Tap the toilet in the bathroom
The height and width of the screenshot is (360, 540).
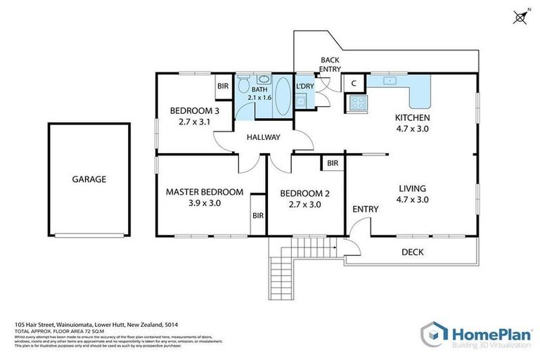243,85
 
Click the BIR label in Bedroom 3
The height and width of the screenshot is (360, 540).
223,86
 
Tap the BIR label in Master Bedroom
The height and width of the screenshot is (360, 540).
257,217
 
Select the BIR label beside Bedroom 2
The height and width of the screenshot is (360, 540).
333,163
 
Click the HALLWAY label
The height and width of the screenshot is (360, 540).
264,137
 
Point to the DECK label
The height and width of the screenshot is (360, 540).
411,252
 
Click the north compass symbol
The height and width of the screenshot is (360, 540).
521,17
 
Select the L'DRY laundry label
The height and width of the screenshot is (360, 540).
304,86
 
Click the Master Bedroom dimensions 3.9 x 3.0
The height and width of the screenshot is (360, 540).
205,203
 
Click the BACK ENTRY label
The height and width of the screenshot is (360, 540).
330,65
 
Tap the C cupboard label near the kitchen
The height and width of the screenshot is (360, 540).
354,83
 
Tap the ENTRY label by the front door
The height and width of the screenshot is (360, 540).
365,209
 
